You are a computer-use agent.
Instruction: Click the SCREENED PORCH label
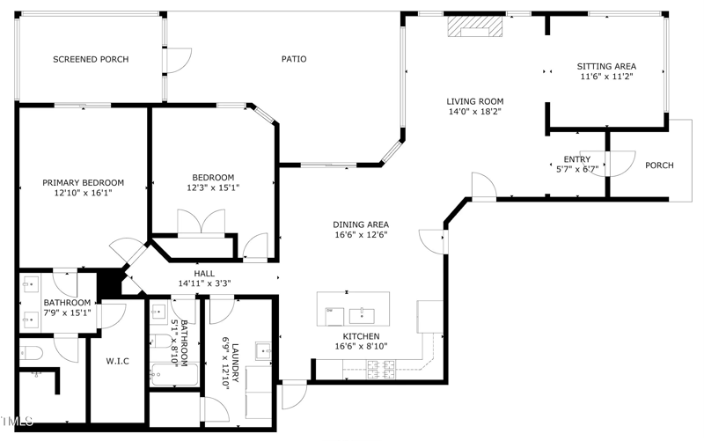coord(91,60)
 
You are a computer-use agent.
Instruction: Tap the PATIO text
coord(294,60)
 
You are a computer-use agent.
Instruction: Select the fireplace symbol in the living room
coord(474,29)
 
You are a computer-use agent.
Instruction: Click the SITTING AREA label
coord(606,66)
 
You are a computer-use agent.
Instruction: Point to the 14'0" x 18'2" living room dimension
coord(475,112)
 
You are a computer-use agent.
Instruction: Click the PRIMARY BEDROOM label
coord(84,183)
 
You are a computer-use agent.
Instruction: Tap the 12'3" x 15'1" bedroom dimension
coord(212,187)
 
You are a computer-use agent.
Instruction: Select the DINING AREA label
coord(361,224)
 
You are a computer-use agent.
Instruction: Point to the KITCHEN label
coord(361,337)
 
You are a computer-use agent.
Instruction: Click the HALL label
coord(204,274)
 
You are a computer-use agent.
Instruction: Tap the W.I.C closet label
coord(118,362)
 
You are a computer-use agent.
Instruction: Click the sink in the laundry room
coord(265,351)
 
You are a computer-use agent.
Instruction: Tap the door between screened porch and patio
coord(178,58)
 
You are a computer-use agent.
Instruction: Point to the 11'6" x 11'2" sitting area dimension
coord(606,77)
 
